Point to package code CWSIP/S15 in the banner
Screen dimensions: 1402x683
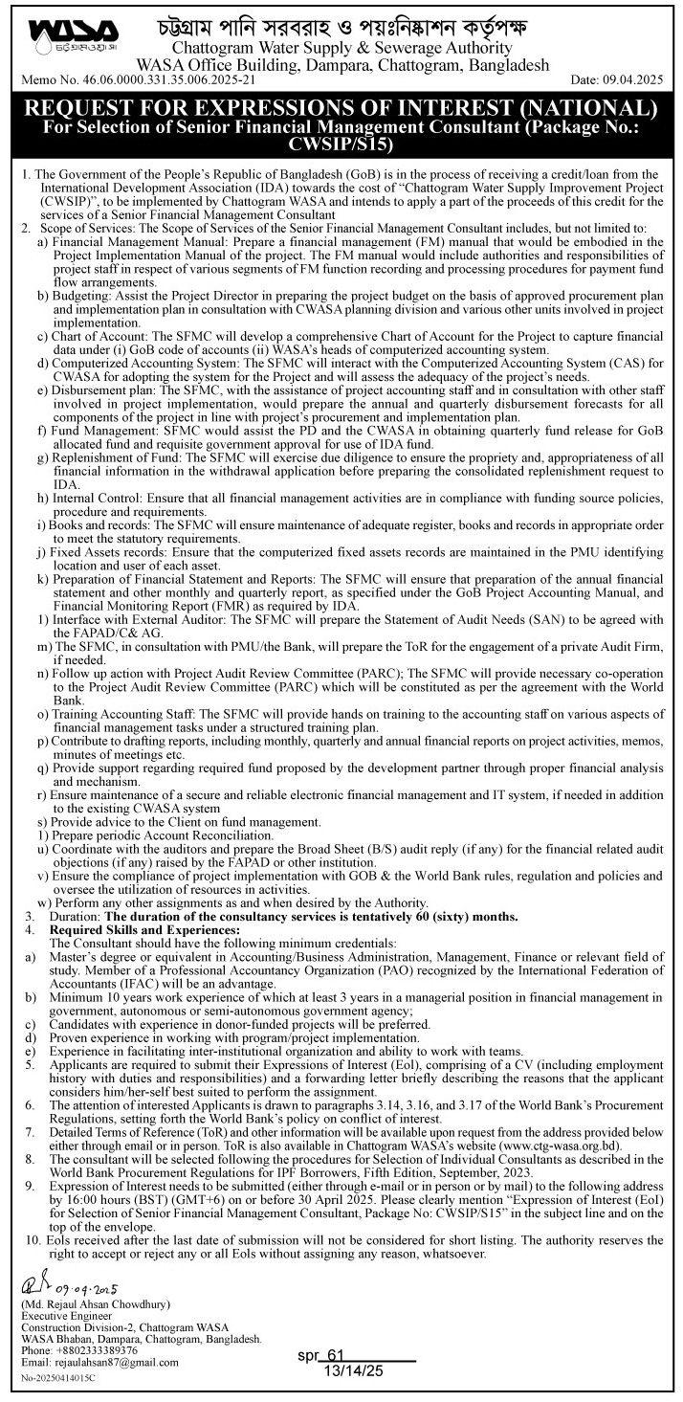click(x=341, y=143)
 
